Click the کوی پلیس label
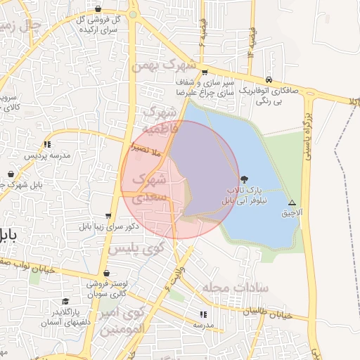tap(136, 248)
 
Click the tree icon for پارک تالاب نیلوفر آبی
tap(244, 179)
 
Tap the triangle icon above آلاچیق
tap(292, 202)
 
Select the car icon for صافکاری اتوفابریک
tap(269, 79)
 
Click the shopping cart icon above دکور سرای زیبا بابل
tap(108, 216)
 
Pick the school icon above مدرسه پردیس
tap(47, 143)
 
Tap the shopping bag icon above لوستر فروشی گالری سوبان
tap(106, 274)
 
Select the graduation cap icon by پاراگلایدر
tap(65, 301)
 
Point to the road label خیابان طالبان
tap(285, 316)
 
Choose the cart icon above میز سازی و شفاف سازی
tap(204, 72)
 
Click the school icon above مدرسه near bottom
tap(203, 314)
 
